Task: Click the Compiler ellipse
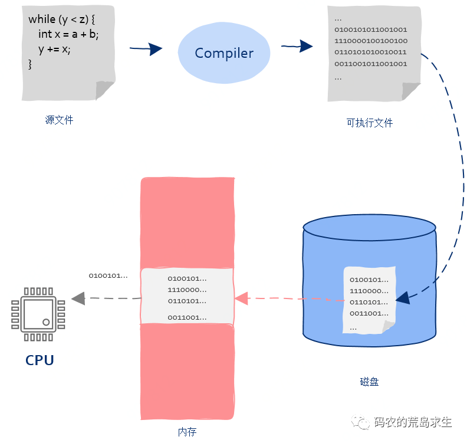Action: point(224,53)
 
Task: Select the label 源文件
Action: point(59,120)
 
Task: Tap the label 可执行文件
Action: point(370,123)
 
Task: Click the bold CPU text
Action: point(40,360)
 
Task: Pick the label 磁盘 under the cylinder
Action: point(369,382)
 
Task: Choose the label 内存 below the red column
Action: point(187,432)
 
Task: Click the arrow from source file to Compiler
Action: point(146,49)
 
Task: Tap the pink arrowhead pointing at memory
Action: point(241,298)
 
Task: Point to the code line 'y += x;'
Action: point(54,50)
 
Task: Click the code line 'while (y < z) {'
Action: point(61,19)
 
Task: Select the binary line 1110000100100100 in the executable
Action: point(370,41)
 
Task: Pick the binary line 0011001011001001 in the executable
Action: point(370,64)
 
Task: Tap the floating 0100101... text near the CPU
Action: point(108,275)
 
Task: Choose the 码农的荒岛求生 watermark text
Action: point(413,422)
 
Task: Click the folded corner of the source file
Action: point(104,89)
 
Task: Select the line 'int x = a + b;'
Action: point(68,34)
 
